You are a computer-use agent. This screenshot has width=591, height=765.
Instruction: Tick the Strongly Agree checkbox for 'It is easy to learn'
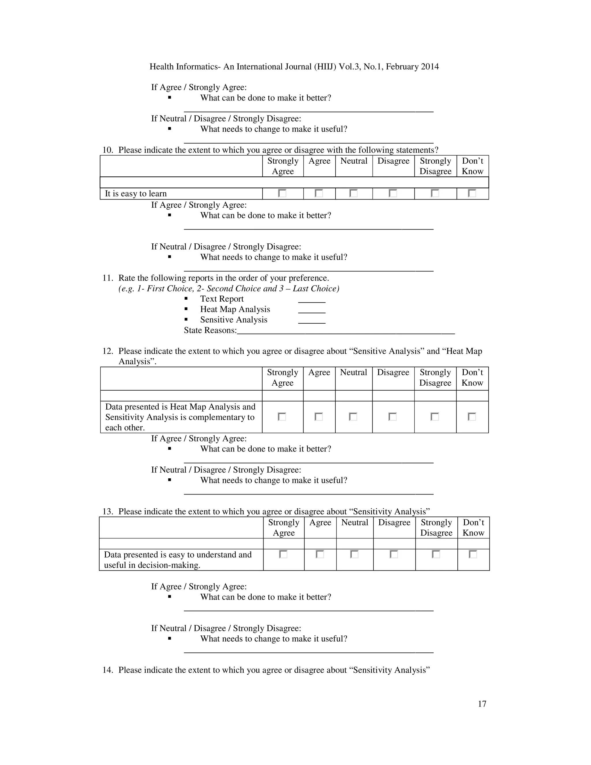click(282, 193)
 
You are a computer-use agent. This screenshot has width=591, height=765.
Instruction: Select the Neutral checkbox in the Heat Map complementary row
click(353, 417)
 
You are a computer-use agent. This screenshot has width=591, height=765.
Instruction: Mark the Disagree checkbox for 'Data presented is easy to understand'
click(394, 554)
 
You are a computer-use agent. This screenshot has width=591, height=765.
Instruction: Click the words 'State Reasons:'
click(210, 330)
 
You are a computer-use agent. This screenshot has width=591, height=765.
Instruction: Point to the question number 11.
click(107, 278)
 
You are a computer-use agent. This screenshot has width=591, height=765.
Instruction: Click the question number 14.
click(107, 670)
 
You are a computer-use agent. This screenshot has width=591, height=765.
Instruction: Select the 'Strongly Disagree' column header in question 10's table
click(435, 166)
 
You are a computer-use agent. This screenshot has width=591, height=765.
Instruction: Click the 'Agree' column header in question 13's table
click(320, 522)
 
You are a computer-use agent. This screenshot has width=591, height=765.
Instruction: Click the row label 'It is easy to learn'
click(136, 194)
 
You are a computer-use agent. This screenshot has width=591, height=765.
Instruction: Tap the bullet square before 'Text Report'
click(186, 299)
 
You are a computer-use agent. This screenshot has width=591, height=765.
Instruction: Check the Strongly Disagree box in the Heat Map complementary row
click(435, 417)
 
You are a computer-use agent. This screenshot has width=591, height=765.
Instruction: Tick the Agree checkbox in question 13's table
click(320, 554)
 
